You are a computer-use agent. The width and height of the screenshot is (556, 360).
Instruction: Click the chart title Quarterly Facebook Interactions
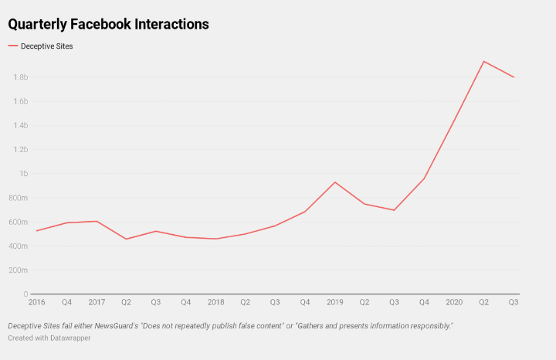(x=109, y=24)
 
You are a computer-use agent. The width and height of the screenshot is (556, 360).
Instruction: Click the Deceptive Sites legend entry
(x=47, y=46)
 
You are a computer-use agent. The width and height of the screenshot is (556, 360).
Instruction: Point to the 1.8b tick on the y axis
(x=20, y=77)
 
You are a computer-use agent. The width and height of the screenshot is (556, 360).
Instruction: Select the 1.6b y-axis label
(x=20, y=101)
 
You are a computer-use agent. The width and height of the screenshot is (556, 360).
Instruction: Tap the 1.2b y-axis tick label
(x=20, y=149)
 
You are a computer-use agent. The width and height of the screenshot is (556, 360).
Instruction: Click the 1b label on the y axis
(x=23, y=174)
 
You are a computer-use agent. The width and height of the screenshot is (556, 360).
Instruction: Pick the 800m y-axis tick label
(x=18, y=198)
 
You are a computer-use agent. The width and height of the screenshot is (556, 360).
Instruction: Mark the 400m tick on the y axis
(x=18, y=246)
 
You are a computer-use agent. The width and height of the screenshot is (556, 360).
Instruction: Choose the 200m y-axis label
(x=18, y=270)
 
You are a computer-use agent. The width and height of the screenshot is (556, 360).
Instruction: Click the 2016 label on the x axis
(x=36, y=302)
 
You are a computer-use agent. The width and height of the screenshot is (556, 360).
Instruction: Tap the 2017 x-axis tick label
(x=97, y=302)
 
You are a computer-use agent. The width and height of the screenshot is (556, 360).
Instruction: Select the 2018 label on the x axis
(x=216, y=302)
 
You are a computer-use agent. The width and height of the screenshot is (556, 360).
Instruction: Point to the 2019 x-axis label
(x=335, y=302)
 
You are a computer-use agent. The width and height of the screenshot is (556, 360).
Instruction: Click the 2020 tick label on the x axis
(x=454, y=302)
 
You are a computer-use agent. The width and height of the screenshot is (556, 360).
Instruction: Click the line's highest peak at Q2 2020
(x=483, y=61)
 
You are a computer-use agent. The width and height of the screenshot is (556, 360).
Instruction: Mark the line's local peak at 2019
(x=334, y=182)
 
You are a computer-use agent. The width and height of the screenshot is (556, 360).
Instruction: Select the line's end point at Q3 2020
(x=514, y=77)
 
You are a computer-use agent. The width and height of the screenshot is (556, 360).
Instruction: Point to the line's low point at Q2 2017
(x=126, y=239)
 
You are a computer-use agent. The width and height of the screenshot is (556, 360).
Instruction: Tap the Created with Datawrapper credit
(x=49, y=338)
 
